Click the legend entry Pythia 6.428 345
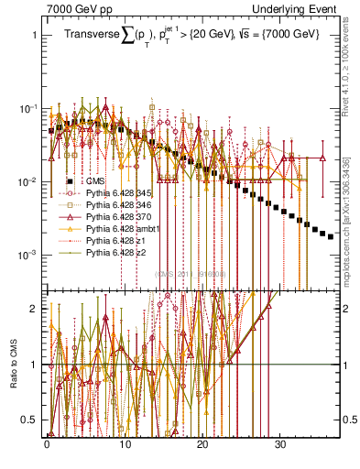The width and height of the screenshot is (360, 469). click(x=112, y=195)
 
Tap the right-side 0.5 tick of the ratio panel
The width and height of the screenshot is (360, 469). click(x=350, y=420)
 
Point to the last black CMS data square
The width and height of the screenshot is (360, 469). click(x=331, y=236)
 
